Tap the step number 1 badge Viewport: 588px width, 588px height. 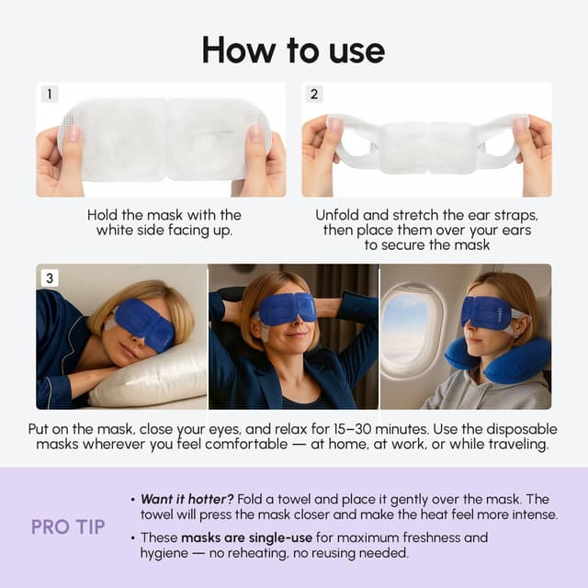coord(50,95)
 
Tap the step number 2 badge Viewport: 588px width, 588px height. coord(315,95)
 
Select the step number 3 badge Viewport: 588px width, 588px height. coord(50,277)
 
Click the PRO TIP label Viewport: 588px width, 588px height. coord(68,527)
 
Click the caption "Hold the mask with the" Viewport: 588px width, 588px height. coord(164,215)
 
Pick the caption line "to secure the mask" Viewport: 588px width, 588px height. coord(425,245)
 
